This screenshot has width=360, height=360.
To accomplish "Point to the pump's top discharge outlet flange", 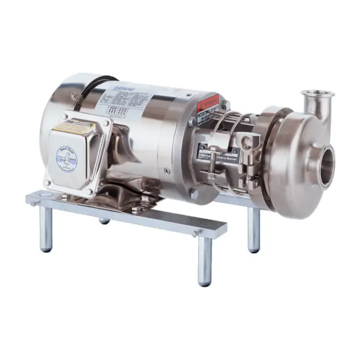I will click(x=314, y=93).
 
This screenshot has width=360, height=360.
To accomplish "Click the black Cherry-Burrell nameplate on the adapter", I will click(x=207, y=154).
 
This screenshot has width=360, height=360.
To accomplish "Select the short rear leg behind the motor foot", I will click(x=104, y=219).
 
